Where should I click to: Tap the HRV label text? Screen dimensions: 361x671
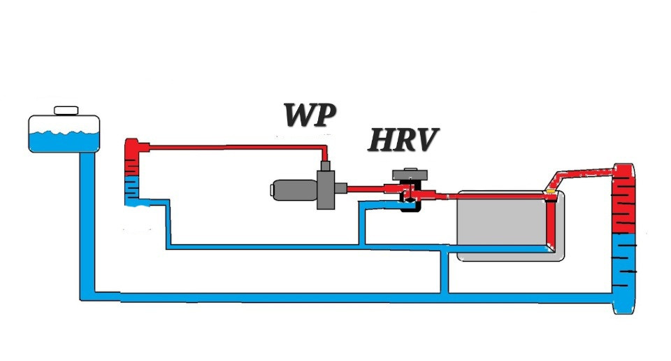click(x=403, y=141)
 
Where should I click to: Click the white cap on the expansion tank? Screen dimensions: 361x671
click(x=66, y=111)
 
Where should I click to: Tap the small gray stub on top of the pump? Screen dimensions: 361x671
click(x=326, y=166)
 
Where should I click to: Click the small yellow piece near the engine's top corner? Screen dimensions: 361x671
click(x=551, y=190)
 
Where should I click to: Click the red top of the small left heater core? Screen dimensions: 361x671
click(x=132, y=157)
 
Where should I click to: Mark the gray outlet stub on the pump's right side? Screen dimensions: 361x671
click(x=342, y=187)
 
